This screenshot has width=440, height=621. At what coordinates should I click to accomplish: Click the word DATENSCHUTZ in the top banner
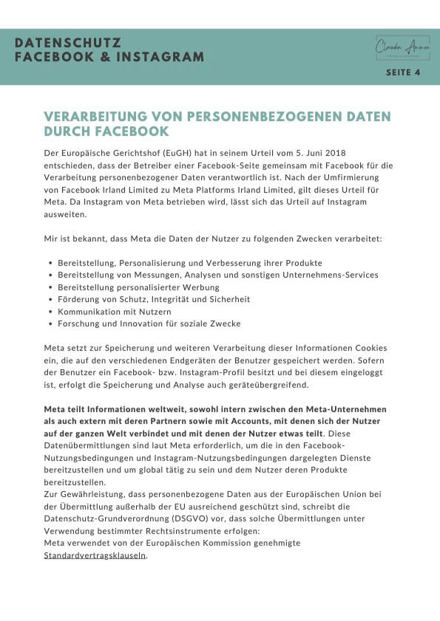(x=67, y=44)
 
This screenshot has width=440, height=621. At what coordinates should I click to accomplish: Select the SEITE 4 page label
(x=403, y=73)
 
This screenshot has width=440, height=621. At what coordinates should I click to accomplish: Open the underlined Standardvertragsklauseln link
(x=95, y=555)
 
